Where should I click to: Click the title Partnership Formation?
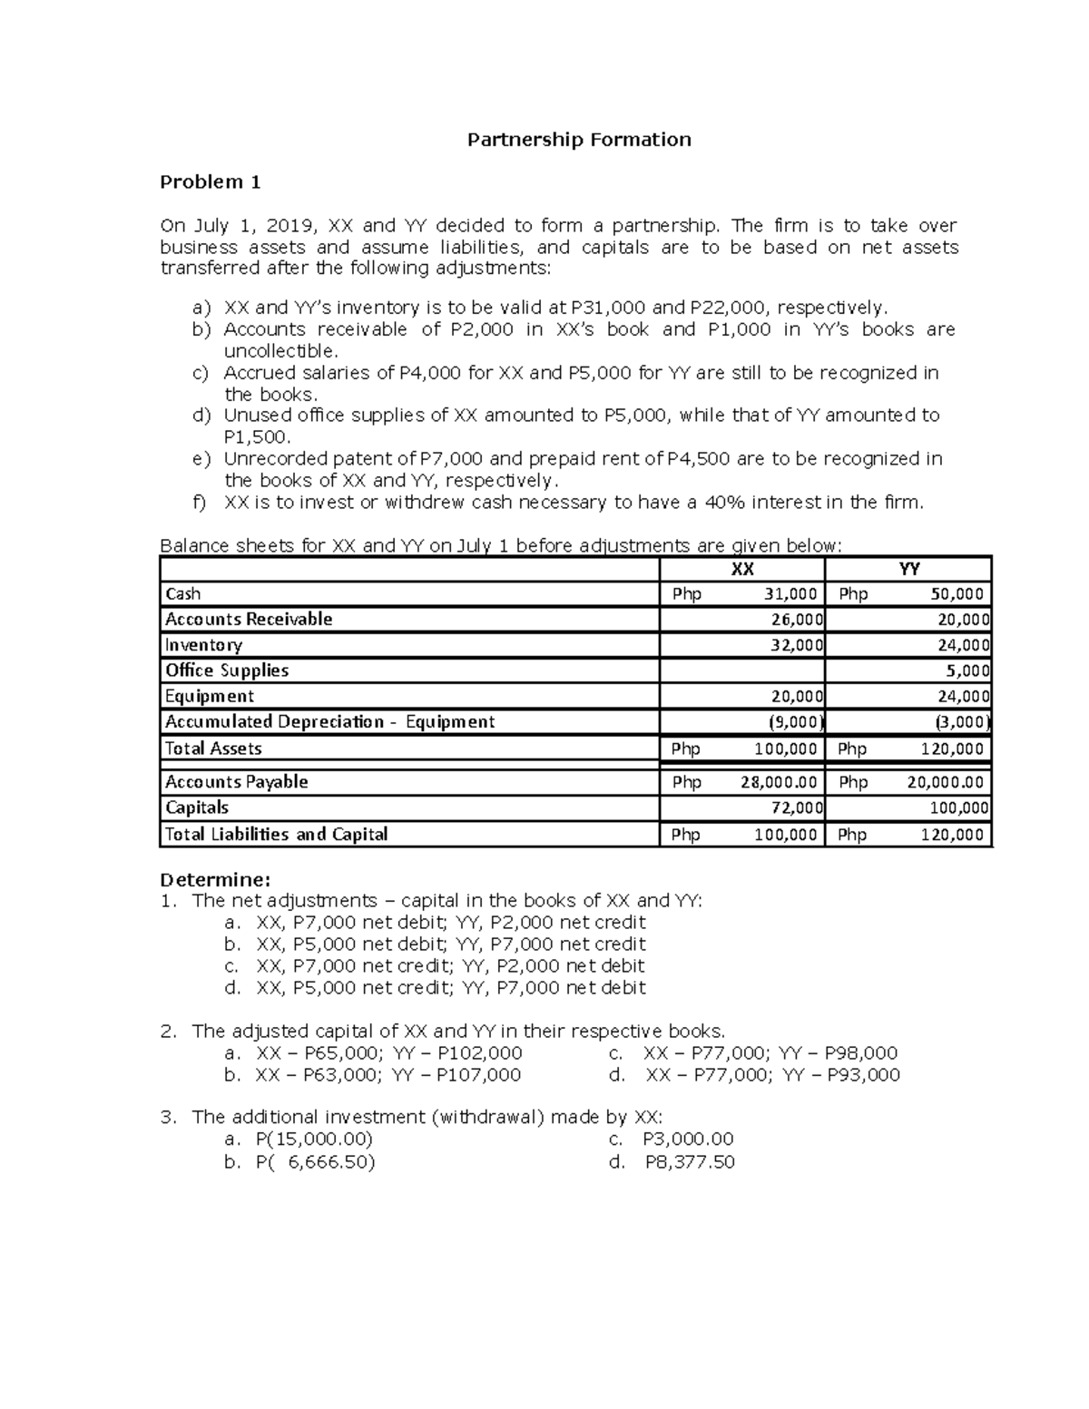coord(579,140)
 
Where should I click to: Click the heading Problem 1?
coord(210,182)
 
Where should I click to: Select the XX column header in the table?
coord(742,569)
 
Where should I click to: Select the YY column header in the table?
coord(908,569)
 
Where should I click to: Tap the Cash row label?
coord(182,594)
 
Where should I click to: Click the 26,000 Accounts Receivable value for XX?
coord(798,620)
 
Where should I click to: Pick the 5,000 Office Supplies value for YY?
coord(968,671)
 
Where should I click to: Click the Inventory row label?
coord(203,645)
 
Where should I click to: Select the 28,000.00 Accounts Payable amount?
coord(779,782)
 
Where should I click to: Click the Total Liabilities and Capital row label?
coord(276,835)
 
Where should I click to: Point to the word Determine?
coord(215,880)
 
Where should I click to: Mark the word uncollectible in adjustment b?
coord(280,351)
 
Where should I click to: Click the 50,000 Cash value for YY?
coord(957,594)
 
